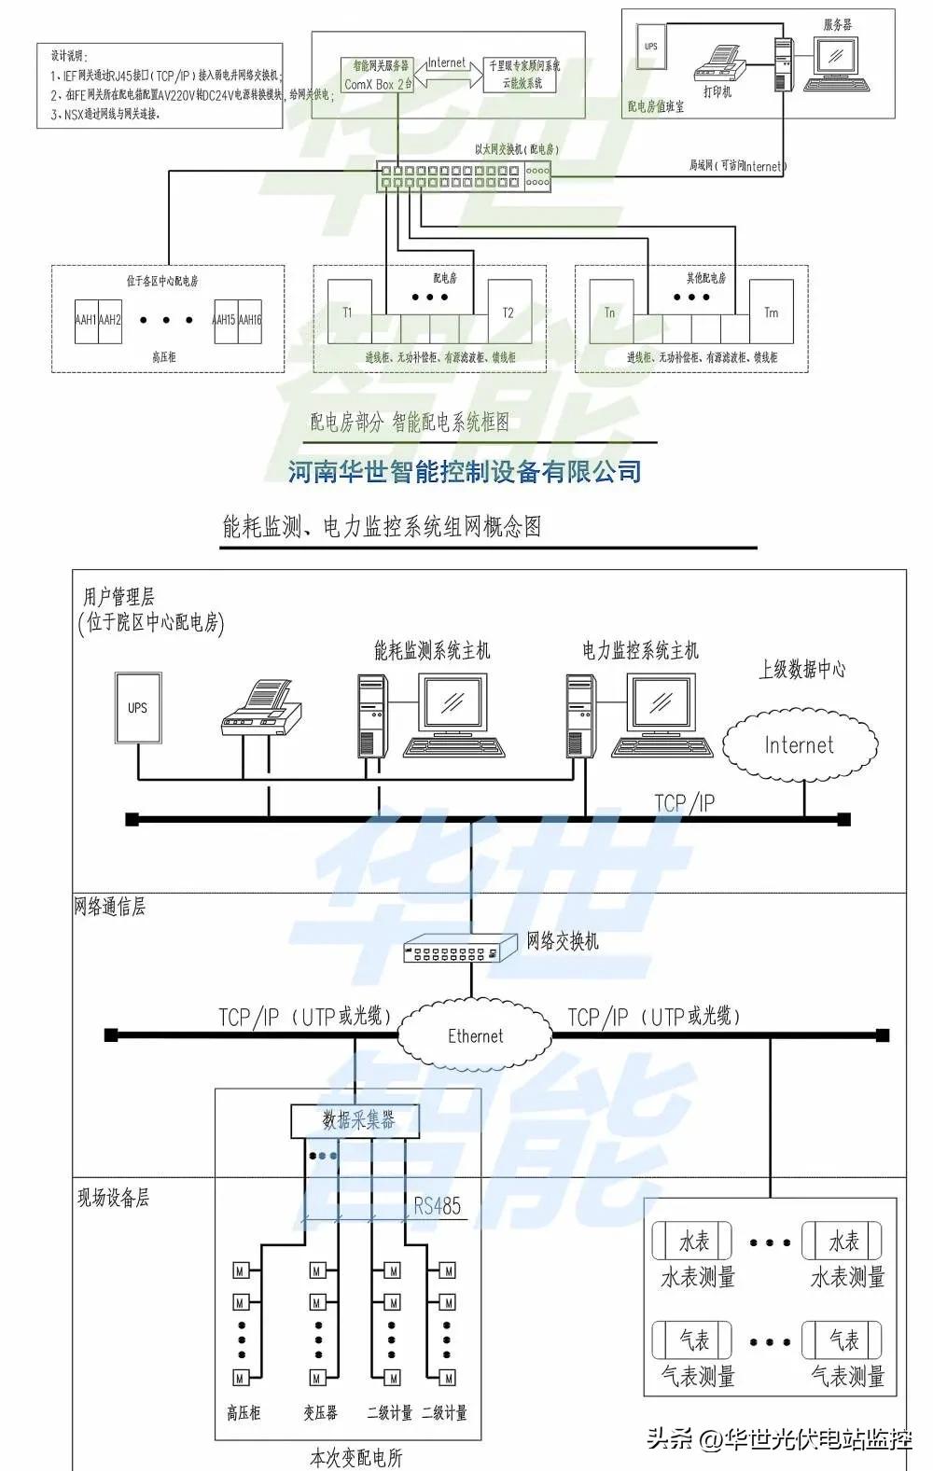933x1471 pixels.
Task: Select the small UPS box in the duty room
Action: click(650, 46)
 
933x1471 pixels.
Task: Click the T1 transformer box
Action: click(349, 312)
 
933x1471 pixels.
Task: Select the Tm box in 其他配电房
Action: click(771, 312)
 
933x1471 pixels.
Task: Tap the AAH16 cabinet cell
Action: click(250, 320)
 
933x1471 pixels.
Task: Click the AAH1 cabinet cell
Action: click(87, 320)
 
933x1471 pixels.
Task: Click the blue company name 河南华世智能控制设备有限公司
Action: click(464, 471)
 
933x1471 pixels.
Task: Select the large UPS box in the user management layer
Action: click(137, 708)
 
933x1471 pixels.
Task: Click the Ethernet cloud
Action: click(475, 1035)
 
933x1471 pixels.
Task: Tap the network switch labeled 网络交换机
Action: click(459, 950)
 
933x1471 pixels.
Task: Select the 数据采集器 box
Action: click(356, 1120)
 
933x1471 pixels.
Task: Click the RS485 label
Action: click(437, 1206)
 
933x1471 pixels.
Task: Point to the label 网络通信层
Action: click(110, 907)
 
